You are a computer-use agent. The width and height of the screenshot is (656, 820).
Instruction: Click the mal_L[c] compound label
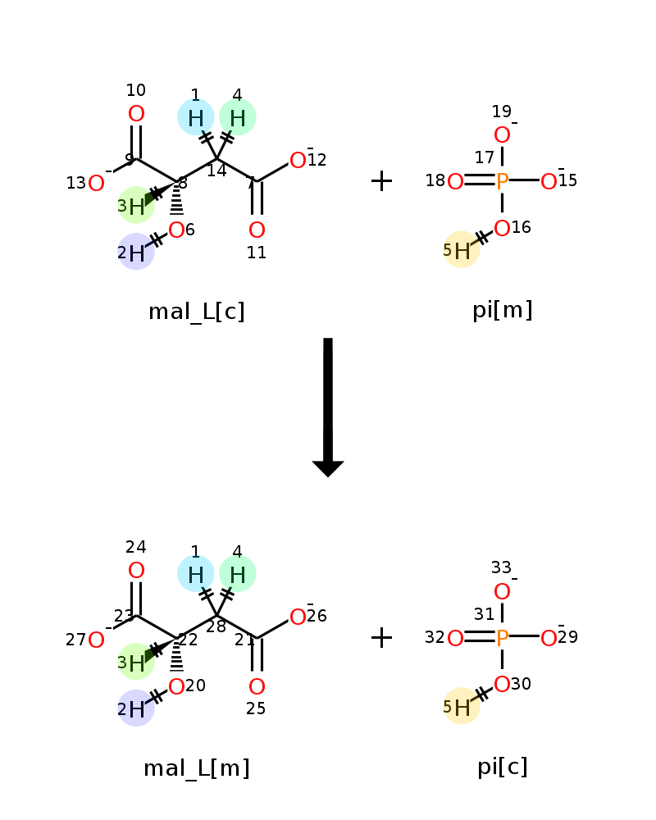[x=197, y=312]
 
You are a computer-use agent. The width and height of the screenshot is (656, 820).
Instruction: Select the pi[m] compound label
[x=502, y=310]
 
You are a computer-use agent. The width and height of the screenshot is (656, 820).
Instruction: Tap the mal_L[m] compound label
[x=197, y=768]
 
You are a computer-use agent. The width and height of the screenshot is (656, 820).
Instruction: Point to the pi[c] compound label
[x=502, y=767]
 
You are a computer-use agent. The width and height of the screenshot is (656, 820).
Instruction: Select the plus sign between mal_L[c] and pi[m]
[x=381, y=181]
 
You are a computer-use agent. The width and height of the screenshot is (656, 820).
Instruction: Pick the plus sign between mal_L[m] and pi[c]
[x=381, y=637]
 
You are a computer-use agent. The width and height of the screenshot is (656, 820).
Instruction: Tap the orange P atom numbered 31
[x=502, y=638]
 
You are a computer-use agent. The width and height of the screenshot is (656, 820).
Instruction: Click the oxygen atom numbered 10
[x=136, y=114]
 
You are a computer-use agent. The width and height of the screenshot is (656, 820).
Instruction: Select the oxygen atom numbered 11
[x=257, y=230]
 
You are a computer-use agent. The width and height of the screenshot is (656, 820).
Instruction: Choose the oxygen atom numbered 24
[x=136, y=570]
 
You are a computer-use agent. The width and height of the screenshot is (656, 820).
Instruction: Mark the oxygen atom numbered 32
[x=455, y=638]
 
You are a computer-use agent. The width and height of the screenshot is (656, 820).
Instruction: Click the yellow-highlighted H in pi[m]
[x=462, y=251]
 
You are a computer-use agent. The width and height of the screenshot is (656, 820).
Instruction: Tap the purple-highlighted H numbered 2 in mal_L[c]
[x=136, y=253]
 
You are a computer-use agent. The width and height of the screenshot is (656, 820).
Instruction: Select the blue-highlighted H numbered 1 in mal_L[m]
[x=195, y=574]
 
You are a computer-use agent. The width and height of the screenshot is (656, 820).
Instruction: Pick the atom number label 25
[x=256, y=708]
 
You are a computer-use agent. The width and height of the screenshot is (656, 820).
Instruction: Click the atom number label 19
[x=501, y=112]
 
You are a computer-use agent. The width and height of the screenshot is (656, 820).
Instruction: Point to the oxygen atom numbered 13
[x=96, y=184]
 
